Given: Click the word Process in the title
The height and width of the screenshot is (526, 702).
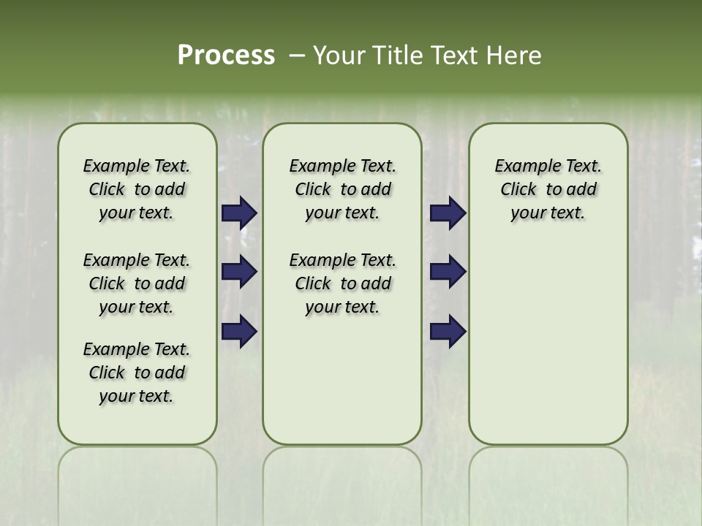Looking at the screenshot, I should point(226,56).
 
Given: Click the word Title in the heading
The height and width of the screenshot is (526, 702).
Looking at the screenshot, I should point(394,56).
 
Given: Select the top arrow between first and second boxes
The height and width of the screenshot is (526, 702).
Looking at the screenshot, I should point(239,213).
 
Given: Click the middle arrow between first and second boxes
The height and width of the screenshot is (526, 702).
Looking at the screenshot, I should point(239,272).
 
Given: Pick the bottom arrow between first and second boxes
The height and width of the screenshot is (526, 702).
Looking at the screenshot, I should point(239,331).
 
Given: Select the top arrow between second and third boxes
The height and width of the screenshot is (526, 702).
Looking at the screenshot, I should point(448,213).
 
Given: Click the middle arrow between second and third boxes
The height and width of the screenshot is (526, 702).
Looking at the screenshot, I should point(448,272).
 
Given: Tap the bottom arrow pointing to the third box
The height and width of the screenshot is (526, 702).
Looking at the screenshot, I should point(448,331).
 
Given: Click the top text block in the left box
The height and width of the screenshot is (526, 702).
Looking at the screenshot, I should point(137,189).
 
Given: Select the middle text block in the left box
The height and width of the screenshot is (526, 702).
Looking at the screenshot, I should point(137,283).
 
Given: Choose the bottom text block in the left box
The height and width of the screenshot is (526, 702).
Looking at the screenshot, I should point(137,373).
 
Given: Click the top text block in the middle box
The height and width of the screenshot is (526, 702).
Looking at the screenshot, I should point(342,189).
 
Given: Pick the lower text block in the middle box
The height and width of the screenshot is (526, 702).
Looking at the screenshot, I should point(342,283).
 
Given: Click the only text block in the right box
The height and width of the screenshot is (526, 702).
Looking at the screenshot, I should point(548,189).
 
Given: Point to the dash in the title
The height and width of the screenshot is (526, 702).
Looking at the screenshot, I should point(297,56).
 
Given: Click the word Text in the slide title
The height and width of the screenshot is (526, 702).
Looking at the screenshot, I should point(452,56).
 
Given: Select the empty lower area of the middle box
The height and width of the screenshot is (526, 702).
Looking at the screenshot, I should point(342,380).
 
